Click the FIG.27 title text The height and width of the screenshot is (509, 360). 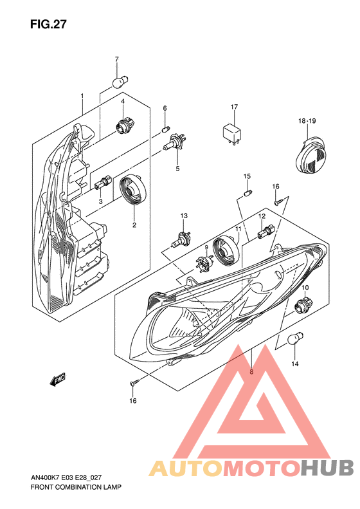click(x=48, y=24)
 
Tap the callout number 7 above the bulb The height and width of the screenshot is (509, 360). click(x=117, y=60)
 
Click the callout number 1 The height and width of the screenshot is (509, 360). click(x=82, y=97)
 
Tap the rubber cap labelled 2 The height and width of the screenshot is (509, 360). click(x=134, y=191)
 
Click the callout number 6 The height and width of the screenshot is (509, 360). click(x=165, y=108)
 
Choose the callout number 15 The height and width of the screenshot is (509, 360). click(x=246, y=176)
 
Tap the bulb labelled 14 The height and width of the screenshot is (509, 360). click(x=296, y=338)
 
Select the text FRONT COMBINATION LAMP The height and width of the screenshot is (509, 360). click(x=75, y=487)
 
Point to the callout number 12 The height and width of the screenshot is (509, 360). click(x=262, y=217)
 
